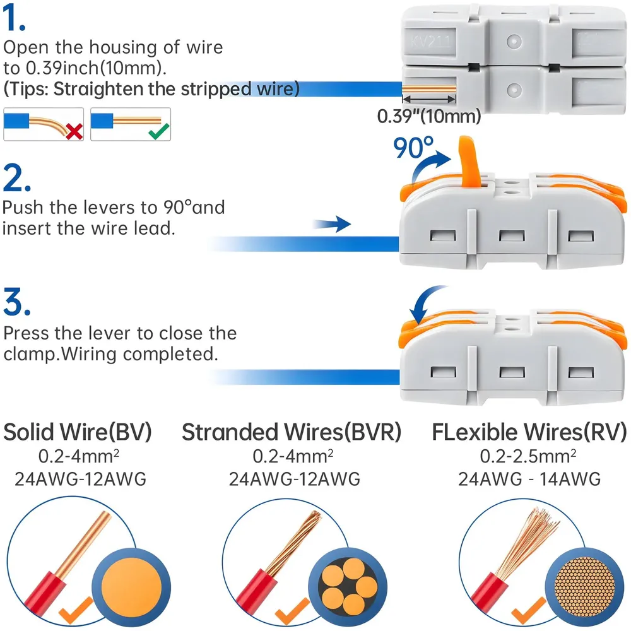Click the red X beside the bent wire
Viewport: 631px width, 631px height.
click(74, 131)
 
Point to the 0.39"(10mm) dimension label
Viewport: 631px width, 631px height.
click(429, 116)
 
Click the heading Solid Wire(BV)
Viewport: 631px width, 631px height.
click(78, 432)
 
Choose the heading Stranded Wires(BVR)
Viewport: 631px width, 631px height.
click(292, 432)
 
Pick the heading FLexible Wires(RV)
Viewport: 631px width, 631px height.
click(529, 432)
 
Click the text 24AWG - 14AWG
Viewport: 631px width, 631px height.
click(529, 480)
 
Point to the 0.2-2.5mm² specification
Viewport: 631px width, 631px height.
click(529, 456)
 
